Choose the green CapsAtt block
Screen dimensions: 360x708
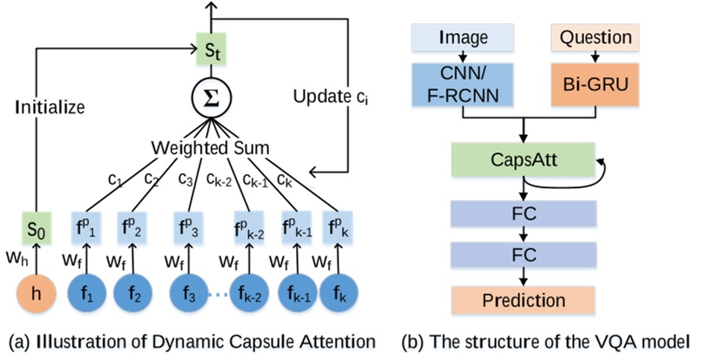tap(521, 158)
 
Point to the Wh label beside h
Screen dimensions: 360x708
tap(14, 259)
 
